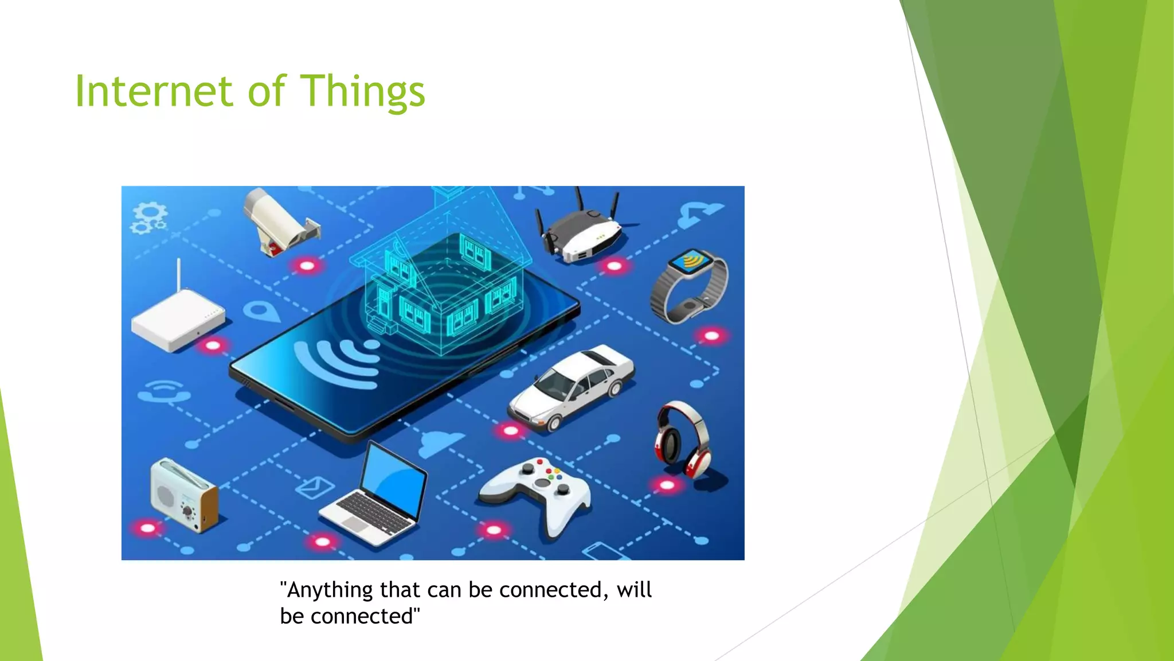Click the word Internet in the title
[154, 91]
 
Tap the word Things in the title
[362, 92]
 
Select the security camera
[278, 221]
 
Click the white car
[572, 388]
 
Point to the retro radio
[183, 495]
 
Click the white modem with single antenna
[178, 318]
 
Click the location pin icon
[261, 312]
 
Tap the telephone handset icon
[163, 392]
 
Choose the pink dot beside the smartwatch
[711, 336]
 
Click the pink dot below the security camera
[307, 266]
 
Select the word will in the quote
[634, 590]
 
